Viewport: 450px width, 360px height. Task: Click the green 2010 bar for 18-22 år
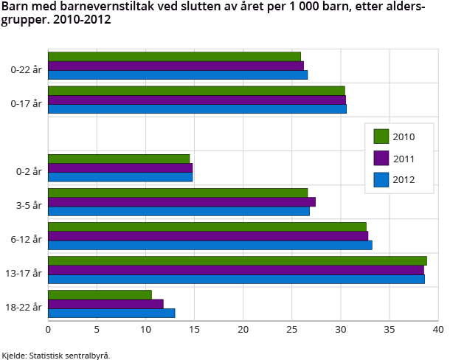click(x=100, y=295)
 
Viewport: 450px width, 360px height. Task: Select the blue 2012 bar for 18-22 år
click(x=111, y=313)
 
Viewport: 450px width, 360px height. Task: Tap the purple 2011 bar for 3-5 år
click(x=181, y=202)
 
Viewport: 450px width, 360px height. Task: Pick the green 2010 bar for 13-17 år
click(x=237, y=260)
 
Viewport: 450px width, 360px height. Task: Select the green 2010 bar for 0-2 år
click(x=119, y=159)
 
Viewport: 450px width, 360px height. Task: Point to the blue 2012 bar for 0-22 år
click(x=178, y=75)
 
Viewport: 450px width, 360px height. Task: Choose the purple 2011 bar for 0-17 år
click(x=197, y=100)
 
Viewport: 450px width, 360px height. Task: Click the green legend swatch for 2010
click(x=381, y=136)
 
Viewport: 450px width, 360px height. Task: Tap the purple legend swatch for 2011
click(x=381, y=158)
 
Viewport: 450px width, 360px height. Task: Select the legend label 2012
click(x=404, y=179)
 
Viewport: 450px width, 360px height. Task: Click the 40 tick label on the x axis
click(x=438, y=329)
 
